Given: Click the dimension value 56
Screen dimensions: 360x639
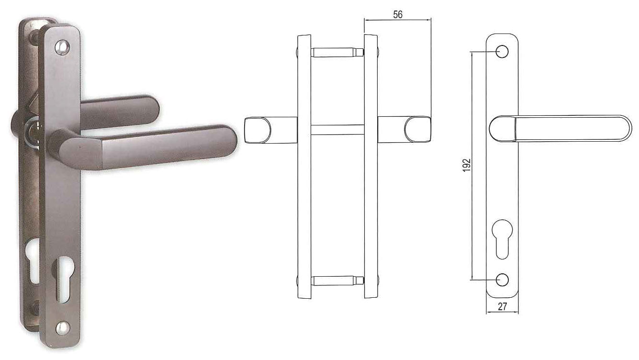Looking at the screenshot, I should (398, 14).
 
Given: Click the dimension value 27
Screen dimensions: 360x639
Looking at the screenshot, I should (502, 307).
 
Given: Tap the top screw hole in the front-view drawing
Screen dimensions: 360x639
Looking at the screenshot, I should (502, 52).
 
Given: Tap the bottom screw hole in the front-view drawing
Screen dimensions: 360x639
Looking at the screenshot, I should (502, 280).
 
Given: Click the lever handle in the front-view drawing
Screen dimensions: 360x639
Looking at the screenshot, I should (560, 129).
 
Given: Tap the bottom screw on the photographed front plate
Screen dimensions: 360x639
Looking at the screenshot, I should (62, 326).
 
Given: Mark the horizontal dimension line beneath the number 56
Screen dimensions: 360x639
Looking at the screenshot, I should (398, 20).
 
